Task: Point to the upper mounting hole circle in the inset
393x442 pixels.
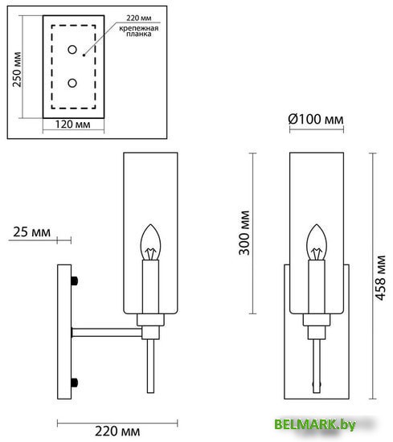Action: click(x=72, y=51)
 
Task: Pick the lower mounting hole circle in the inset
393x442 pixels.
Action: click(x=72, y=82)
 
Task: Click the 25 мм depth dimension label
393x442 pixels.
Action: click(x=32, y=232)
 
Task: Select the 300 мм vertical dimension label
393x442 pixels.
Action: click(x=244, y=233)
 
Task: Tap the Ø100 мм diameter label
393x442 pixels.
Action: click(x=316, y=119)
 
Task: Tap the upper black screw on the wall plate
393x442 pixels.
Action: click(x=75, y=280)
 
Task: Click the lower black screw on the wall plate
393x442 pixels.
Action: click(x=75, y=381)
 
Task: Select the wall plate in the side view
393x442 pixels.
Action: click(x=63, y=330)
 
